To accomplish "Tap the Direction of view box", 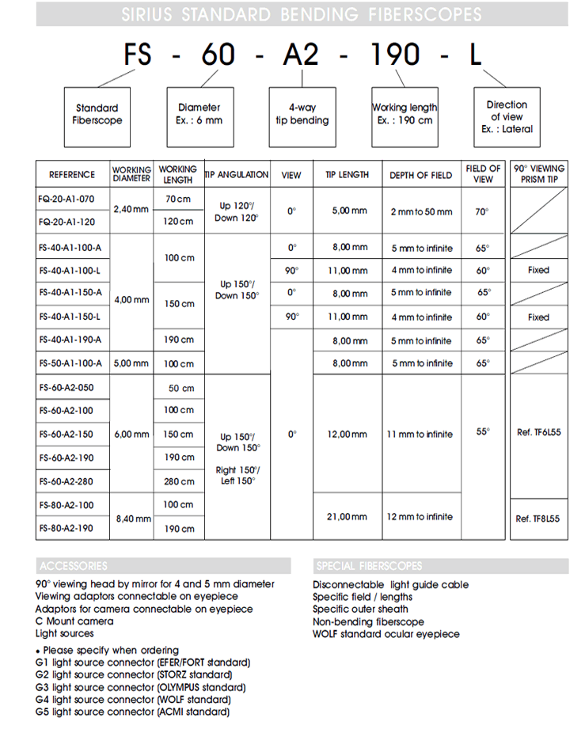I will pos(507,116).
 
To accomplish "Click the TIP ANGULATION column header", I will pos(237,174).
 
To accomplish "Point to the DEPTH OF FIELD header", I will pos(420,175).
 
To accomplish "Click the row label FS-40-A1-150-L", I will pos(71,317).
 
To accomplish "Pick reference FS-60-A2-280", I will pos(66,481).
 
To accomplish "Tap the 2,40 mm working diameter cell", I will pos(131,210).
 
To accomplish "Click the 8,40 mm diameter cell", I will pos(131,518).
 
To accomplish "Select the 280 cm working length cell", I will pos(179,481).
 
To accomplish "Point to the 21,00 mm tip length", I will pos(348,516).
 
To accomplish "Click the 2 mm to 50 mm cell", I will pos(421,211).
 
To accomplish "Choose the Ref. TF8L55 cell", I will pos(538,518).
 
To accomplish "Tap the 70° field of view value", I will pos(482,211).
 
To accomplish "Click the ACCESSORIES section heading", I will pos(74,566).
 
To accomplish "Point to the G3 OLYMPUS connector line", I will pos(140,687).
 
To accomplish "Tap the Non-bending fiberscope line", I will pos(368,621).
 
